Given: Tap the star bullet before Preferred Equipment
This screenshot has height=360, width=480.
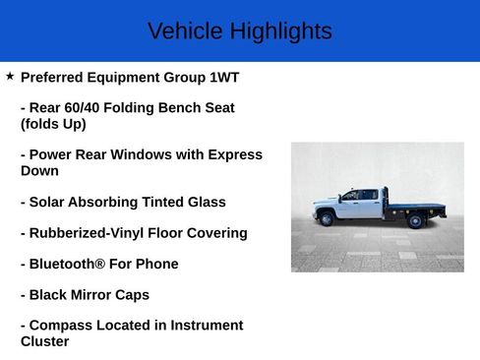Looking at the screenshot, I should [10, 76].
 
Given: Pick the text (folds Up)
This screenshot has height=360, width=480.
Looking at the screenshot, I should [53, 124].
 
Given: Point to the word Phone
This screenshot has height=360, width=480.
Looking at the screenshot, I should [157, 264].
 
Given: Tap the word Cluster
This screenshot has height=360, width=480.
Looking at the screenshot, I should [45, 341].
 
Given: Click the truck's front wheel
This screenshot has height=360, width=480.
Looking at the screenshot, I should [327, 219].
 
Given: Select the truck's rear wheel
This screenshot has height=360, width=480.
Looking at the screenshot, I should [414, 220].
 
